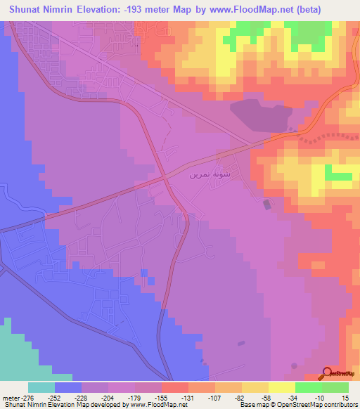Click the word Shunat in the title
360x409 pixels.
30,10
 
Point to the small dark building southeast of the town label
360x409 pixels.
266,204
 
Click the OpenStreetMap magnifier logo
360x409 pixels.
328,373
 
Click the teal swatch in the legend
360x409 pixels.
41,387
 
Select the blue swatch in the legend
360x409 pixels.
67,387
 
